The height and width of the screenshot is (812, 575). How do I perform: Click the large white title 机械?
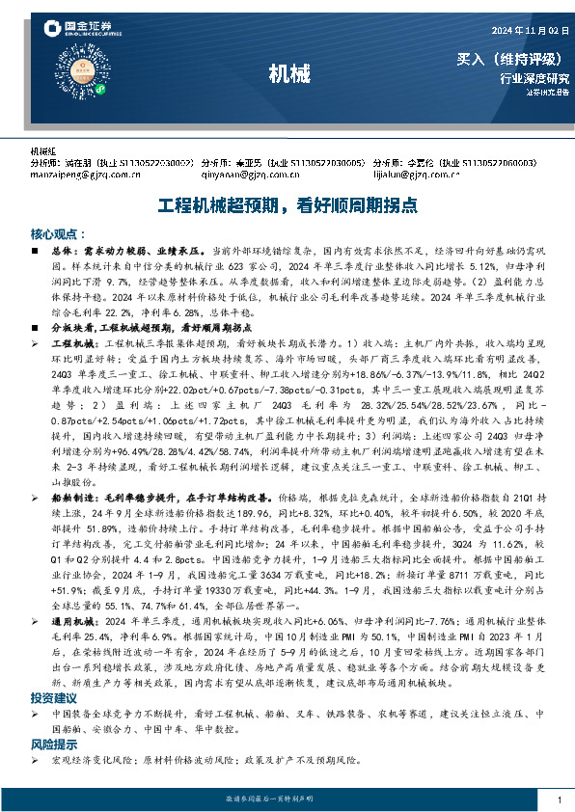pos(288,73)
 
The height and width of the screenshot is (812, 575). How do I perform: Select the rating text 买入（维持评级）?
pos(512,60)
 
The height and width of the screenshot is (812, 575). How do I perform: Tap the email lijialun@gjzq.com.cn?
pos(416,176)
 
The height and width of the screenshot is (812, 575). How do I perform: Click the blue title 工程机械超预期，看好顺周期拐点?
pos(287,205)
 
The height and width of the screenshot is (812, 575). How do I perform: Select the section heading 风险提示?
pos(52,745)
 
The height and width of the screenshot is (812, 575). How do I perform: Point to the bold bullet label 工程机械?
pos(68,342)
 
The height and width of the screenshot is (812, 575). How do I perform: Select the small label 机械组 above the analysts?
pos(44,151)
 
